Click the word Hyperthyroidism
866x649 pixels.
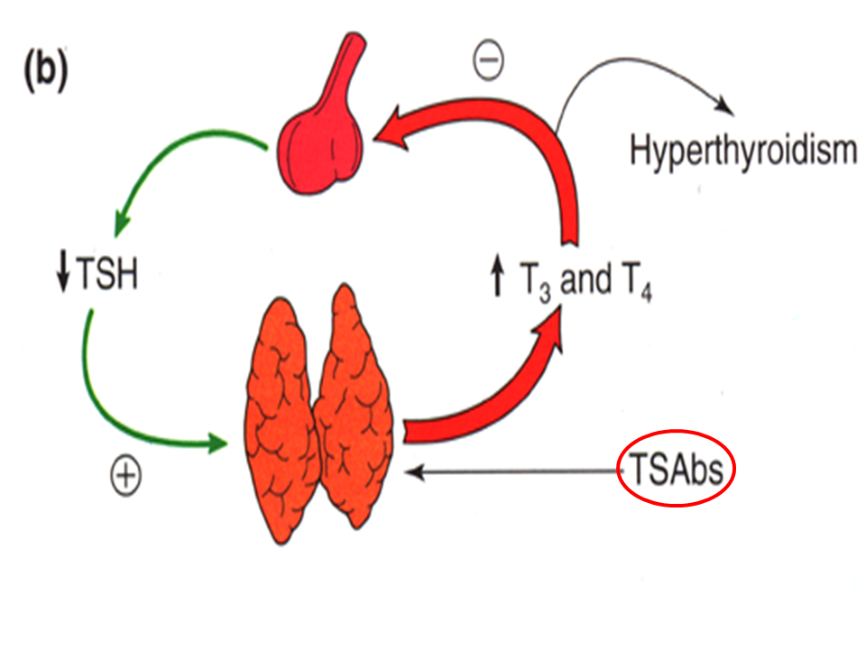click(742, 151)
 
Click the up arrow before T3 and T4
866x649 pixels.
click(495, 281)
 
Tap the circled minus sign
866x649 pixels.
click(487, 60)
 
